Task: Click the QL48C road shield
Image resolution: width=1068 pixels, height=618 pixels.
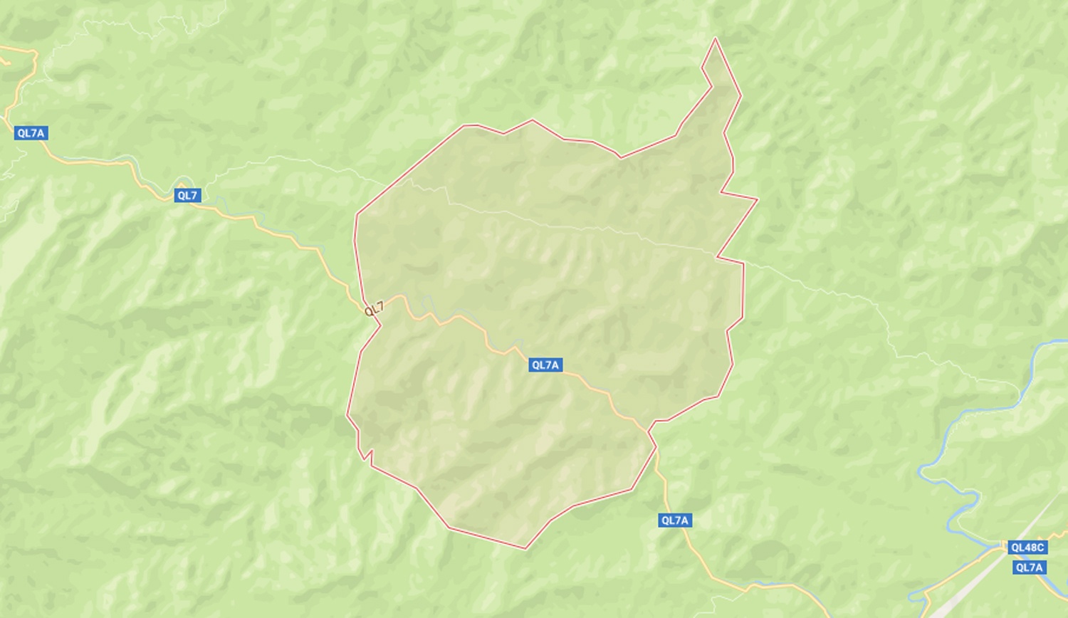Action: [x=1027, y=548]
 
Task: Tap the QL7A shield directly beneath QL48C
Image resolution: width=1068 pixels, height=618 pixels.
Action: [x=1030, y=567]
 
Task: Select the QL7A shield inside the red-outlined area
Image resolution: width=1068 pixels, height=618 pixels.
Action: [x=545, y=365]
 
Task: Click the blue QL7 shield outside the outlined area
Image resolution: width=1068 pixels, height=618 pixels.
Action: [x=187, y=195]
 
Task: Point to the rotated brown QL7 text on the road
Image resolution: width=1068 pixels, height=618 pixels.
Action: [x=375, y=309]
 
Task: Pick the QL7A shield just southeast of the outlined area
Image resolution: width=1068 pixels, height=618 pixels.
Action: [x=675, y=520]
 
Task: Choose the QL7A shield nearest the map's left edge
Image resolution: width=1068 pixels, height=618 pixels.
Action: [x=31, y=133]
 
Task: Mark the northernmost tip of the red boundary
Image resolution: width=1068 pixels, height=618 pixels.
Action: [x=715, y=38]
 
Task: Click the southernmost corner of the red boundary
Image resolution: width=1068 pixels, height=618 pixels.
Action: [x=526, y=549]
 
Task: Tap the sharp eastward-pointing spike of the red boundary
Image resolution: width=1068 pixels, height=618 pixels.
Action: [x=758, y=199]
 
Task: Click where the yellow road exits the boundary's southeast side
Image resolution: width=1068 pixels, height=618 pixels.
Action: [x=649, y=430]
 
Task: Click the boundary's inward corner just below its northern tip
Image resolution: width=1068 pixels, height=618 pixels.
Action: [x=711, y=87]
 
